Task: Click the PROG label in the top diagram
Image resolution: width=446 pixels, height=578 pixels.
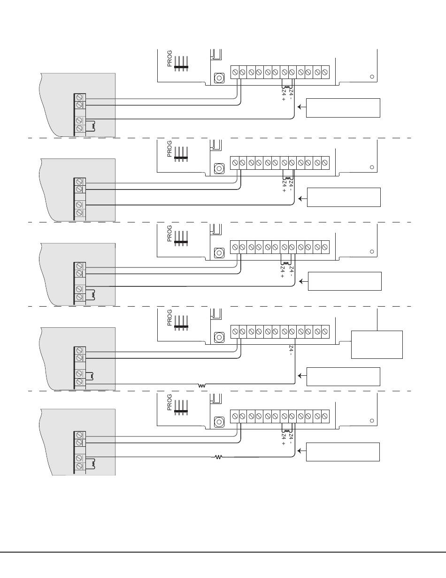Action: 169,58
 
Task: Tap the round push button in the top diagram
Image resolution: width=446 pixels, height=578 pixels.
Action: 219,78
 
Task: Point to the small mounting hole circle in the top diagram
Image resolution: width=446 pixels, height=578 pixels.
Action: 372,77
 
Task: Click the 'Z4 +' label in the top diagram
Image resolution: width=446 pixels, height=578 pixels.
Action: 284,95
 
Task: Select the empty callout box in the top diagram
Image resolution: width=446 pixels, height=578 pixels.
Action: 343,108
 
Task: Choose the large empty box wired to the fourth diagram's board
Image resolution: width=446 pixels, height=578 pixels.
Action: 377,344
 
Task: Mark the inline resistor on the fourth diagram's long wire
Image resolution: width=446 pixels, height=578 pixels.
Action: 202,386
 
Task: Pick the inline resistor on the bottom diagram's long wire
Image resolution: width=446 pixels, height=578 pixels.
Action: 218,457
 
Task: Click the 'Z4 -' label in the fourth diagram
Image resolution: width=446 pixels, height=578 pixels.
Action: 291,350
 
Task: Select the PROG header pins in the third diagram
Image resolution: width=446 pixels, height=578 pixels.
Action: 181,238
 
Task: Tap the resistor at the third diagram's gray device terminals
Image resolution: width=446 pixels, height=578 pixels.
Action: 93,294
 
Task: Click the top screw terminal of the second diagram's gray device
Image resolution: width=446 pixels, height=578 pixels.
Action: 79,182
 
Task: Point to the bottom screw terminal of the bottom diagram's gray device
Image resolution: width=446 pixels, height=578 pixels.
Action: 79,466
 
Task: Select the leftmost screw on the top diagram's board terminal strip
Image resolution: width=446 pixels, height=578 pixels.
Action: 235,72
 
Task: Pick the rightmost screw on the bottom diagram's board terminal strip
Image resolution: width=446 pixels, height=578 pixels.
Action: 325,416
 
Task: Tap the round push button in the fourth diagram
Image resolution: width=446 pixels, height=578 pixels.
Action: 219,337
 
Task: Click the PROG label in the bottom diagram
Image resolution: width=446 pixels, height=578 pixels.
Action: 169,402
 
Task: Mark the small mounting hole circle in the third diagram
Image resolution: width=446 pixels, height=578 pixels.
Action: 372,251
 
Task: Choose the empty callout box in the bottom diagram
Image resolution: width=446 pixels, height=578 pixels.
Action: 343,452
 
